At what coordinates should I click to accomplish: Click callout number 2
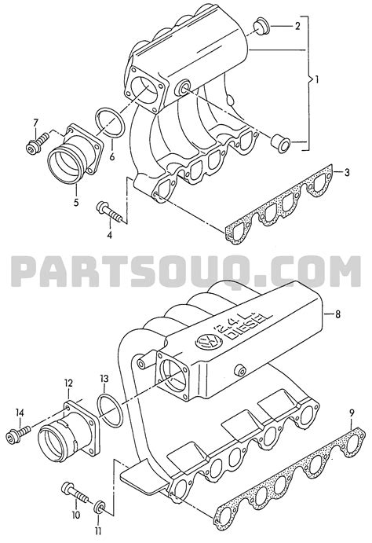tap(297, 27)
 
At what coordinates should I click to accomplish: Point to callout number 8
tap(338, 316)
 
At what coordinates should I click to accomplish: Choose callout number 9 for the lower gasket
tap(352, 413)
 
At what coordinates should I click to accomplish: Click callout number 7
tap(35, 122)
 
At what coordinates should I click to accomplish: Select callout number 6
tap(112, 156)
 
